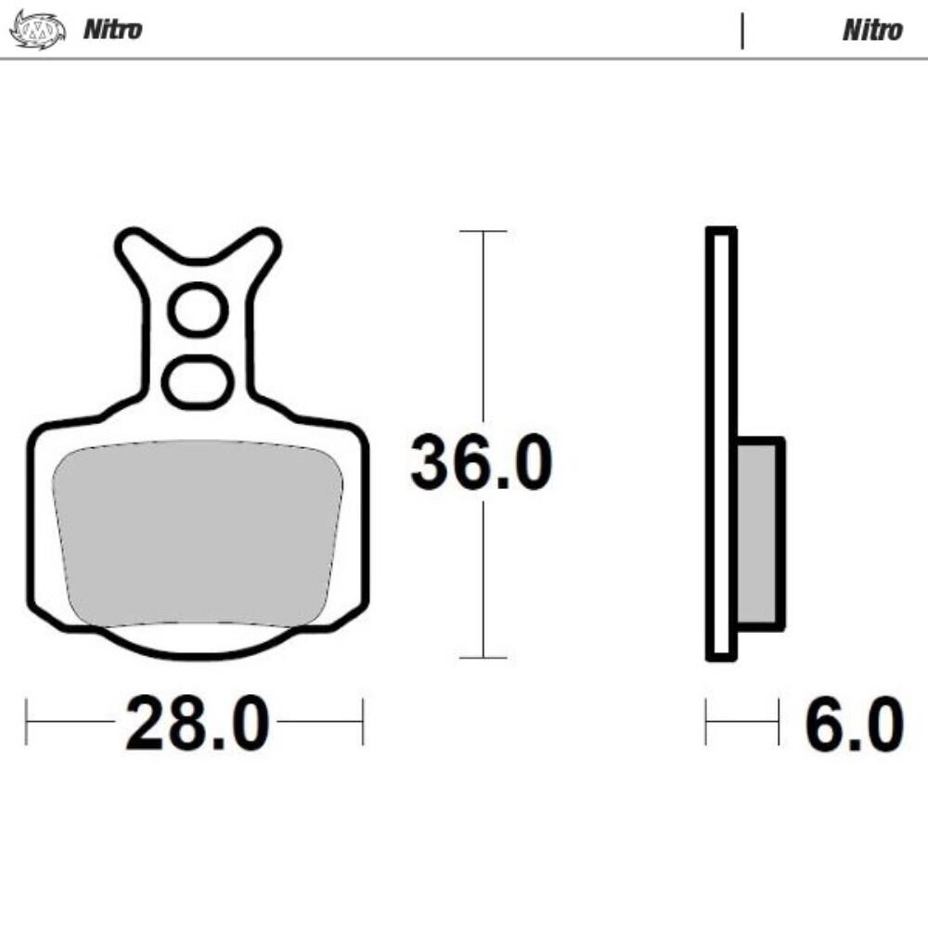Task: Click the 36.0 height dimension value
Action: click(x=482, y=463)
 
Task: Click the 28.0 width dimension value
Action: click(x=197, y=724)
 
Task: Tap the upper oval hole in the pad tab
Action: click(x=197, y=311)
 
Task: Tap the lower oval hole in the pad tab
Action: click(x=197, y=380)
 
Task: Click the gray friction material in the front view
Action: click(x=197, y=534)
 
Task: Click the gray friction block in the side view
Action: click(x=761, y=534)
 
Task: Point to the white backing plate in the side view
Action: click(x=721, y=371)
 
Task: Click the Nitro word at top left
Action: click(x=113, y=29)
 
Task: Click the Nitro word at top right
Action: click(x=872, y=30)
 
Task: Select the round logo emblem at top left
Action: click(x=37, y=30)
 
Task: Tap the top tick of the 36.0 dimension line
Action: click(x=483, y=231)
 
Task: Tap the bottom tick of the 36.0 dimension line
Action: click(x=483, y=658)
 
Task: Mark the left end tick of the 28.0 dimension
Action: click(x=26, y=722)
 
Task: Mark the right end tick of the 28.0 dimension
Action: click(x=363, y=722)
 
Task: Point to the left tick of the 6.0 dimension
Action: click(x=706, y=722)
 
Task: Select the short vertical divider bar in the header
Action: click(x=742, y=31)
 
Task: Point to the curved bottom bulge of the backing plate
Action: click(x=197, y=647)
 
